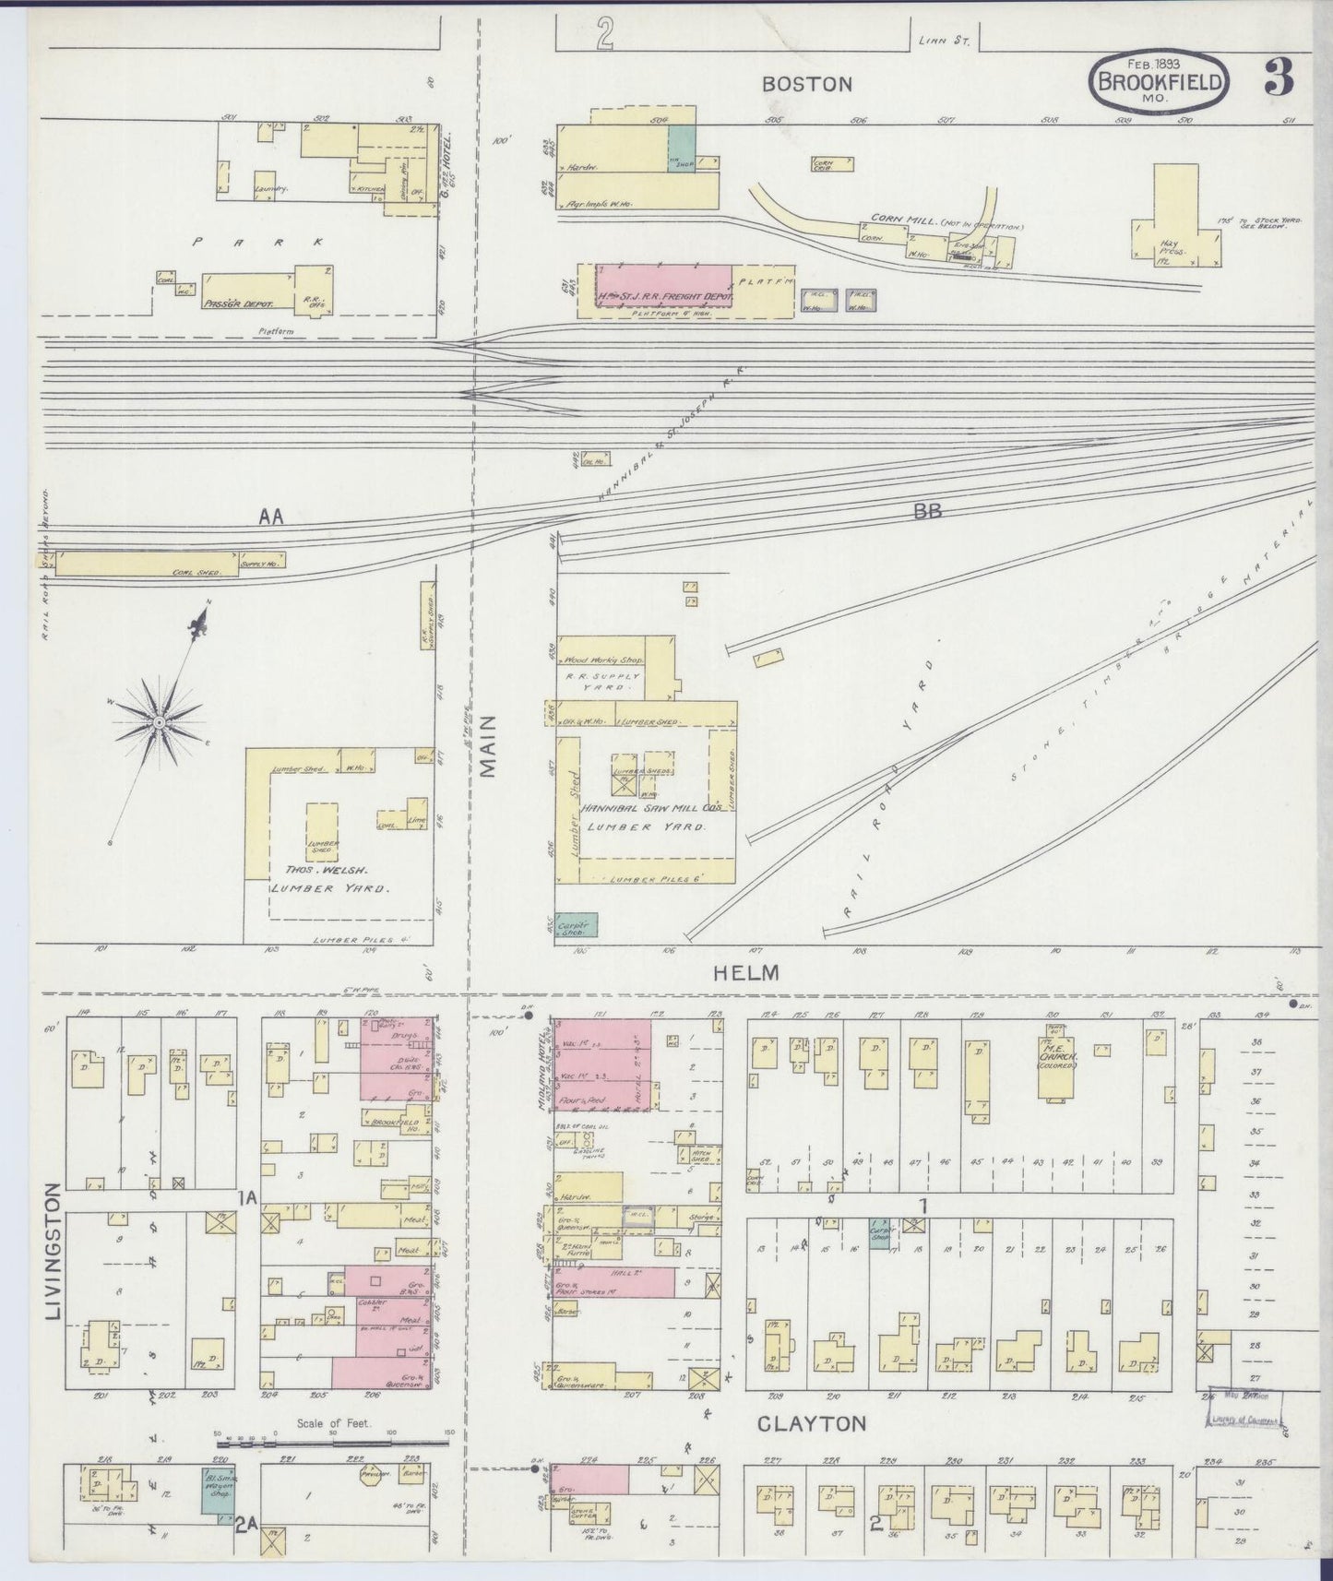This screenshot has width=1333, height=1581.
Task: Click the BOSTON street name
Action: (x=806, y=84)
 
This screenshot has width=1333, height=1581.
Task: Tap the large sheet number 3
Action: (x=1277, y=81)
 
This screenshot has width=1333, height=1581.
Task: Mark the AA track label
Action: (x=270, y=519)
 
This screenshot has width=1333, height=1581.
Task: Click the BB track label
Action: (x=927, y=511)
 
